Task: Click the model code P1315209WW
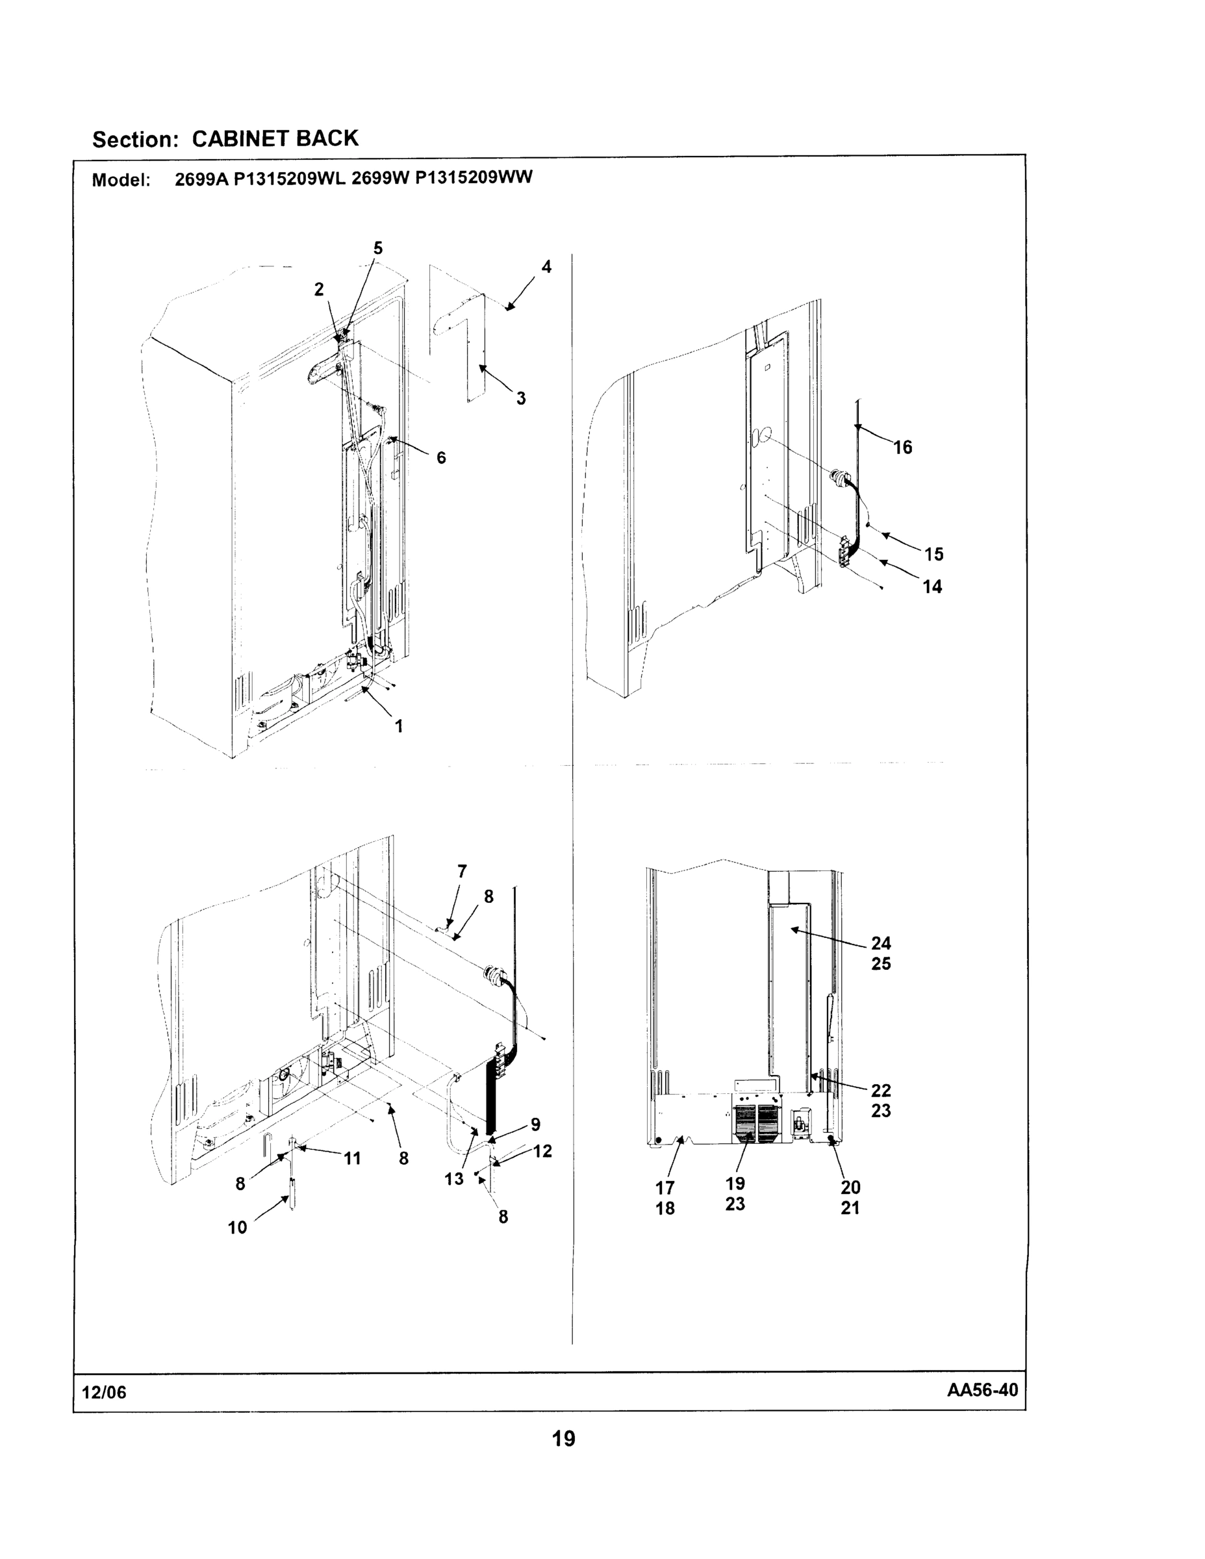pyautogui.click(x=474, y=178)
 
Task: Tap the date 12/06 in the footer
pyautogui.click(x=104, y=1393)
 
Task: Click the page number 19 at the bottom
pyautogui.click(x=563, y=1438)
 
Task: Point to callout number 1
pyautogui.click(x=399, y=726)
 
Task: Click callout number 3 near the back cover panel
pyautogui.click(x=521, y=398)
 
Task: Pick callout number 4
pyautogui.click(x=546, y=267)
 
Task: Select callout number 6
pyautogui.click(x=441, y=457)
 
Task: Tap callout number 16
pyautogui.click(x=902, y=448)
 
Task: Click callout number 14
pyautogui.click(x=932, y=587)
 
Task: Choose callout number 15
pyautogui.click(x=933, y=554)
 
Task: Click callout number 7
pyautogui.click(x=462, y=872)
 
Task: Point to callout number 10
pyautogui.click(x=237, y=1228)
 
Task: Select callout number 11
pyautogui.click(x=352, y=1159)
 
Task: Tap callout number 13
pyautogui.click(x=454, y=1179)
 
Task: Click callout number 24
pyautogui.click(x=881, y=943)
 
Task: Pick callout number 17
pyautogui.click(x=665, y=1188)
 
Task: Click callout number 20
pyautogui.click(x=850, y=1187)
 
